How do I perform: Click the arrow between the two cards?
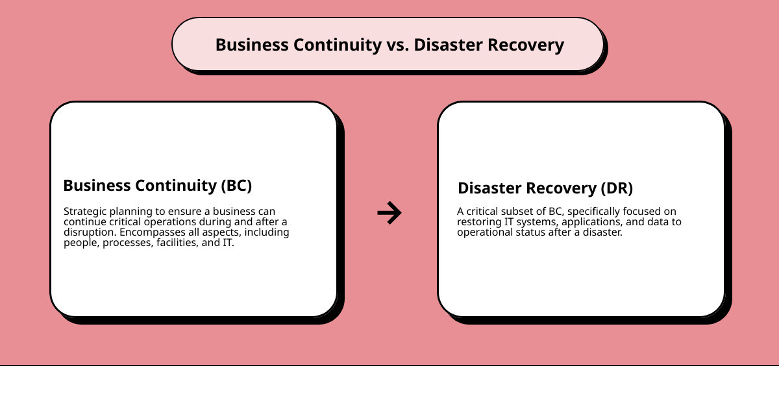(x=389, y=212)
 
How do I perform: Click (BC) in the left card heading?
(x=236, y=185)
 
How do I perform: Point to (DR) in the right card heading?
(x=617, y=188)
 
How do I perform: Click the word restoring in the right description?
(x=478, y=222)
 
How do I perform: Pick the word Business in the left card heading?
(x=97, y=185)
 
